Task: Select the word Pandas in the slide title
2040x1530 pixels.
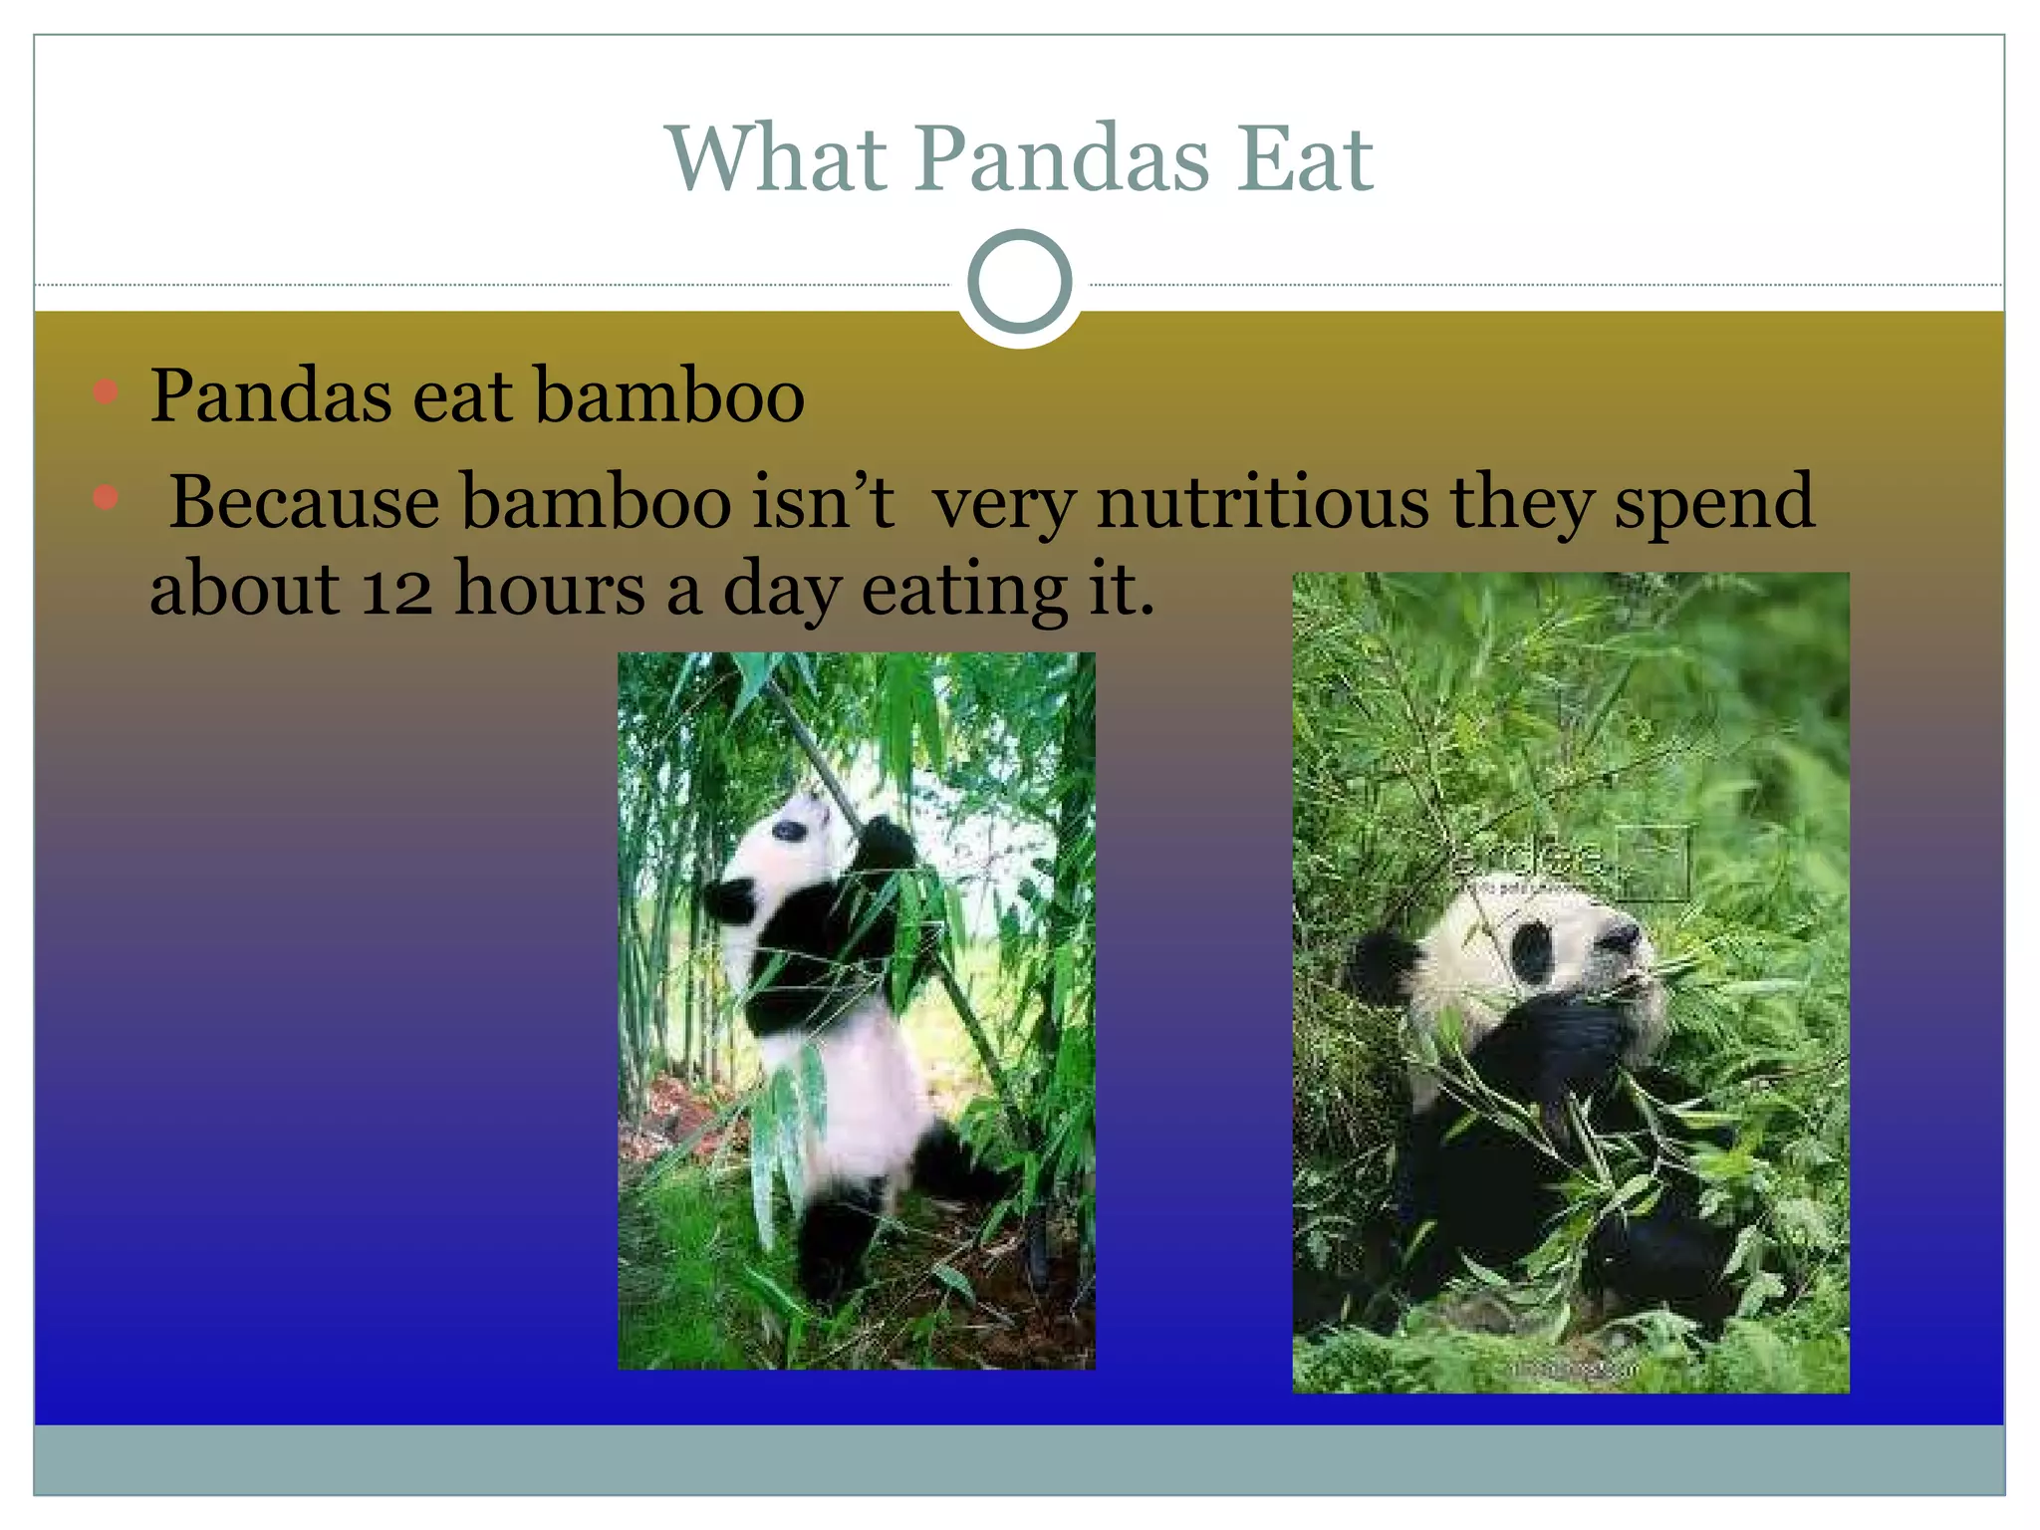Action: [x=1062, y=158]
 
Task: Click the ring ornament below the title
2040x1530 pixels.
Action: [x=1019, y=282]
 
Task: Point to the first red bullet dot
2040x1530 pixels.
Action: [x=106, y=390]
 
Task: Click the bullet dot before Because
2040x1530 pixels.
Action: [x=106, y=496]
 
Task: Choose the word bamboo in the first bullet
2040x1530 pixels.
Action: [x=669, y=395]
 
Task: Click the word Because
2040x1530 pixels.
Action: [x=304, y=501]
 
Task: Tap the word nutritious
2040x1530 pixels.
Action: [x=1262, y=501]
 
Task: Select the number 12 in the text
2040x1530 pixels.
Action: [x=396, y=590]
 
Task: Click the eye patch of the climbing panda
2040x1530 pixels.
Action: [x=788, y=830]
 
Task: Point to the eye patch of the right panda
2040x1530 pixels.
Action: [x=1532, y=950]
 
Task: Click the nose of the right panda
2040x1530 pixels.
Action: [x=1623, y=936]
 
